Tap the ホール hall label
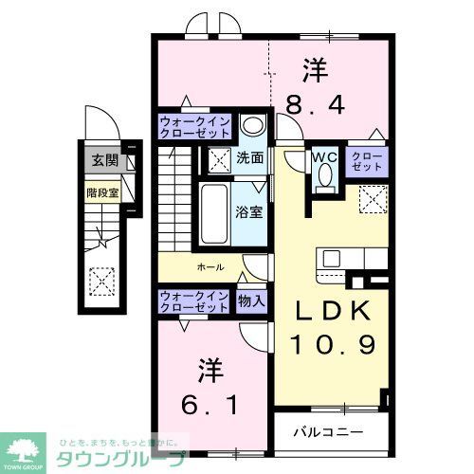tap(210, 267)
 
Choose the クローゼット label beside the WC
tap(367, 162)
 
